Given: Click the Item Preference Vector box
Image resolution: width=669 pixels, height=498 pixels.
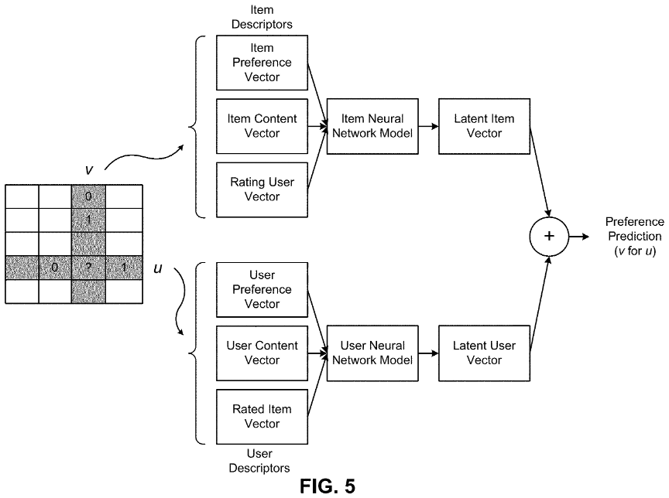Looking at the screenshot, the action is tap(262, 63).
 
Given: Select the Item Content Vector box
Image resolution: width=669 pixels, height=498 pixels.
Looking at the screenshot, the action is tap(262, 126).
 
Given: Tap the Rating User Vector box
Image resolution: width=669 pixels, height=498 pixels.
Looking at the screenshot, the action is tap(262, 189).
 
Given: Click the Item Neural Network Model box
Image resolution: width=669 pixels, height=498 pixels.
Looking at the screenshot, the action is tap(372, 126).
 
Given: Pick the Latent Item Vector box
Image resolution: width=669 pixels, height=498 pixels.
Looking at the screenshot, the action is tap(484, 126).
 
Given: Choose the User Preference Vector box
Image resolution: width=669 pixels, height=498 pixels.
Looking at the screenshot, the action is tap(262, 290).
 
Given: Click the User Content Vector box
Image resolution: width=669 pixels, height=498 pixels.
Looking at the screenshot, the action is tap(262, 353).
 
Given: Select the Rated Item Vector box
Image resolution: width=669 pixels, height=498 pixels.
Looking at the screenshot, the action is tap(262, 417).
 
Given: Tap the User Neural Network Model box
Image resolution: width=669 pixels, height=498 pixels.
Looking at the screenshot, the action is tap(372, 353).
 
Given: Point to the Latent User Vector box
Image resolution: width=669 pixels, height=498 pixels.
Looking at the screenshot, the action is tap(484, 353).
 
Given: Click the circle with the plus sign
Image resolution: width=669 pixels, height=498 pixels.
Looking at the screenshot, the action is tap(549, 237).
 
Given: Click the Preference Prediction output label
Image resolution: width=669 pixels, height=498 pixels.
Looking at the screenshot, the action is tap(635, 237).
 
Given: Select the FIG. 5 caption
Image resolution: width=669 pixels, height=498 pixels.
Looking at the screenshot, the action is tap(328, 486).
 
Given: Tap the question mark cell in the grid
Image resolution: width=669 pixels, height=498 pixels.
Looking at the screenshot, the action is tap(88, 268).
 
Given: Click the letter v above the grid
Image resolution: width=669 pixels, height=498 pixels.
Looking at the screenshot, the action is tap(89, 170).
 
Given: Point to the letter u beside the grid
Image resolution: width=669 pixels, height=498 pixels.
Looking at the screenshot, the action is tap(158, 269).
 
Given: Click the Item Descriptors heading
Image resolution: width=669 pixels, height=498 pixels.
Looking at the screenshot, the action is tap(262, 17).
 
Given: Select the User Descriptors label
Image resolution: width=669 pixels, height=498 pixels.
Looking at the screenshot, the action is tap(259, 461).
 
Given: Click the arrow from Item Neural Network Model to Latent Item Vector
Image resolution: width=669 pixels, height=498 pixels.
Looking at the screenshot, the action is tap(428, 126).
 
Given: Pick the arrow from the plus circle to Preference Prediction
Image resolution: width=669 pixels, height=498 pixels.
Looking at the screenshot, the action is tap(579, 237).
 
